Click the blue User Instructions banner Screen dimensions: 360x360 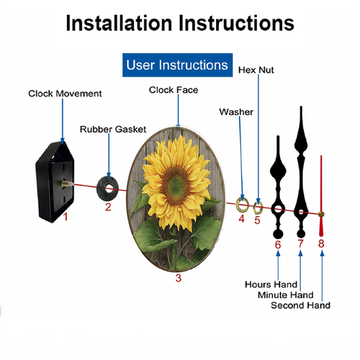pos(177,65)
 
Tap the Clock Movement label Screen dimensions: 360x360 pos(65,94)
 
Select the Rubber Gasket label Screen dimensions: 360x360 pos(113,130)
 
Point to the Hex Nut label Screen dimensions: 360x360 pos(256,70)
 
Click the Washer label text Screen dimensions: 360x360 pos(236,112)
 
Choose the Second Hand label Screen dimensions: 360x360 pos(300,305)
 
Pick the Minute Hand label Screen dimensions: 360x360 pos(286,295)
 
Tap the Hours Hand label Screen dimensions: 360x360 pos(271,284)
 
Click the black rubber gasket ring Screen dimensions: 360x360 pos(101,189)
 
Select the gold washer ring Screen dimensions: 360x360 pos(238,204)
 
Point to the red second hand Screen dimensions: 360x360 pos(321,196)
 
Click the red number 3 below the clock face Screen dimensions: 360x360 pos(179,278)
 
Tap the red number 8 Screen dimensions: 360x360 pos(321,243)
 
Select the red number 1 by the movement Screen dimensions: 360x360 pos(66,217)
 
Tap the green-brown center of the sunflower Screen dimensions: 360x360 pos(176,186)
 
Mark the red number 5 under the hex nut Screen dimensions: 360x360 pos(257,220)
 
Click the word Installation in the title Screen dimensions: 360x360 pos(119,23)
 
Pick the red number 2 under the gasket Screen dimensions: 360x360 pos(108,207)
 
